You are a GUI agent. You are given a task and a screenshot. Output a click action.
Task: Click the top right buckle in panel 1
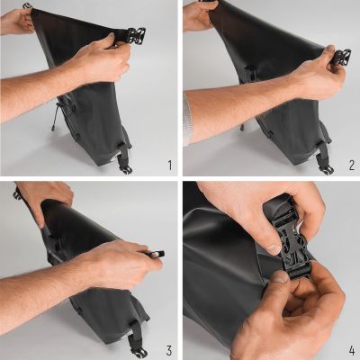point(136,37)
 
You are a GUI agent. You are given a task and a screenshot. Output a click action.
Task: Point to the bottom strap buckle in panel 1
point(125,166)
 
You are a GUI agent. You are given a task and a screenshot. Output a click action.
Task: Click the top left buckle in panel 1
point(28,6)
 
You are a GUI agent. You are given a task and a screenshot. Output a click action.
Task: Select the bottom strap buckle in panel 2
point(325,166)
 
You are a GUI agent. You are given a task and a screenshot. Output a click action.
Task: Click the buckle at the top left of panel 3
point(17,193)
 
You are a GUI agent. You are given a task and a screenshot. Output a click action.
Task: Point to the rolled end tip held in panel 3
point(157,256)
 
